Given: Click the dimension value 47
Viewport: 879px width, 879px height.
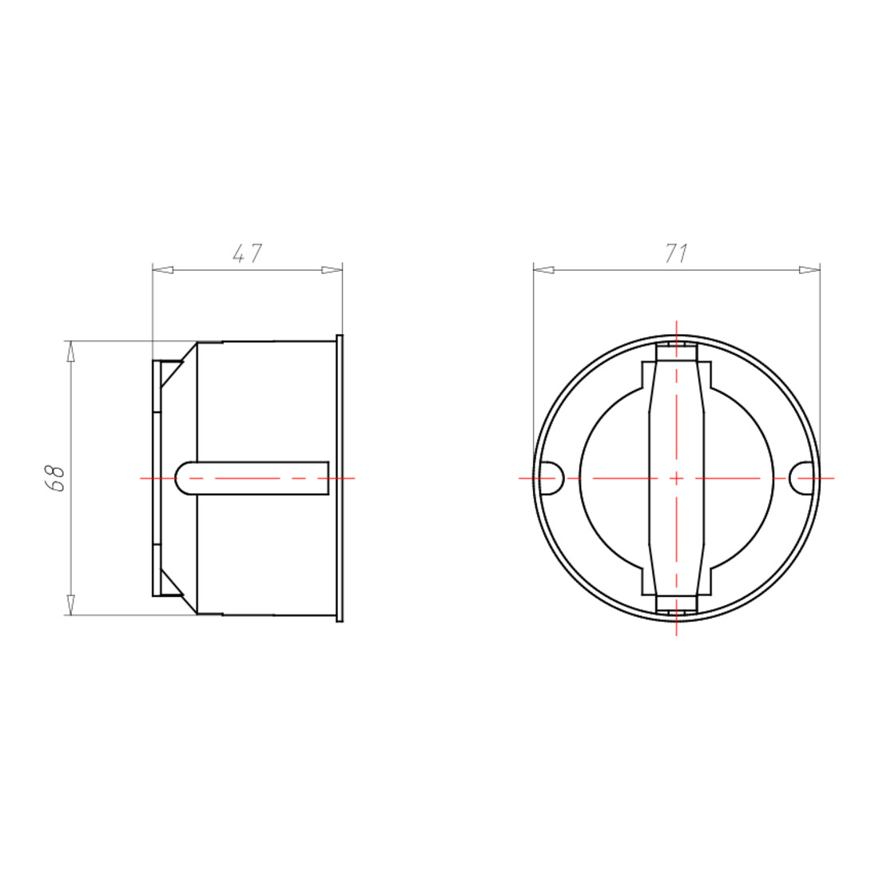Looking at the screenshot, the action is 247,253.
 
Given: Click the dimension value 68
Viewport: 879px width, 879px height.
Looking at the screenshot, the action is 57,478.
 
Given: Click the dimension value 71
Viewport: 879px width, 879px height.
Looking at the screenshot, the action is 676,254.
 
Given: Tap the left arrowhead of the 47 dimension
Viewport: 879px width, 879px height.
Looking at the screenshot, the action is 162,270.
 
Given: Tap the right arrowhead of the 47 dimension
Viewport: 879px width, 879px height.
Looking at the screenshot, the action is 332,270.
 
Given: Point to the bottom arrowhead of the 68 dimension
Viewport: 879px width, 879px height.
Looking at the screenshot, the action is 70,605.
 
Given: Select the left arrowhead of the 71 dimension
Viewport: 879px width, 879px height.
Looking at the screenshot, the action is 543,270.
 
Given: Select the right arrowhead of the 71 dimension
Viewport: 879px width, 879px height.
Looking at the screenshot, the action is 809,270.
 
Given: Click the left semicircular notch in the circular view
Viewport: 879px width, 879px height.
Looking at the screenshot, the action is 552,478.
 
